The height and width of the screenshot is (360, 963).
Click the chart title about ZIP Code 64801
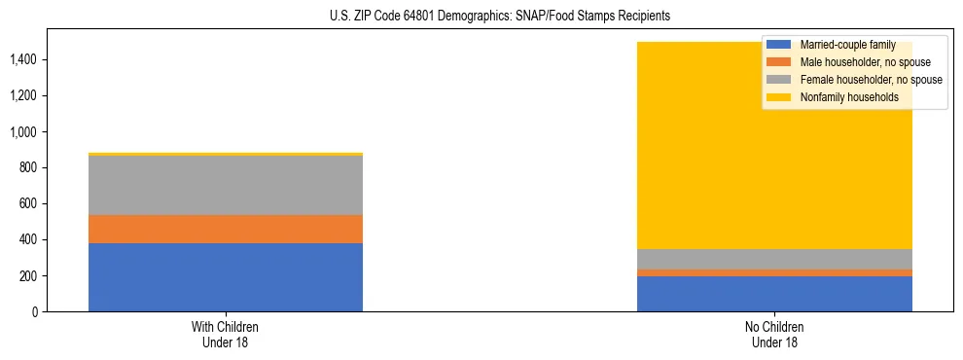(x=481, y=17)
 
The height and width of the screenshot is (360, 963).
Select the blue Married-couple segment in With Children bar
(x=226, y=277)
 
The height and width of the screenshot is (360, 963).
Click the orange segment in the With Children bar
(x=226, y=229)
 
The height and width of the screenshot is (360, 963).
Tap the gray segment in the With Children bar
(x=226, y=185)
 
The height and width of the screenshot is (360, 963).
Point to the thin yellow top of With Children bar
(x=226, y=154)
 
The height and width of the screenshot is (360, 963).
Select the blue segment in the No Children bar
(x=774, y=294)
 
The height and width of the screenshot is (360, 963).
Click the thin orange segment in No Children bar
(x=774, y=272)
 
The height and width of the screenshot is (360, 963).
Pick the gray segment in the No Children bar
(x=774, y=259)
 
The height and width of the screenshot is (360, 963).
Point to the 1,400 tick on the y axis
(x=22, y=60)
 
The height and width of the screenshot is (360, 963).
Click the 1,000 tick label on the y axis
(x=22, y=132)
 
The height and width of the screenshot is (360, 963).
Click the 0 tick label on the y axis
(x=33, y=312)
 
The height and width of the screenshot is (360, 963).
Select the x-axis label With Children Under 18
(x=226, y=334)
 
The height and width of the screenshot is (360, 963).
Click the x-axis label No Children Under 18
(x=774, y=334)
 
